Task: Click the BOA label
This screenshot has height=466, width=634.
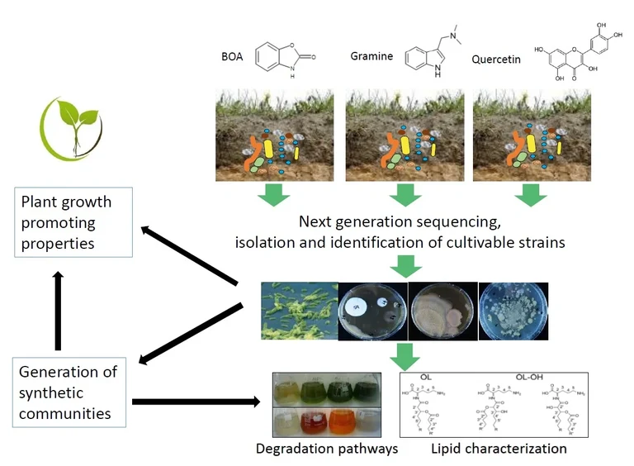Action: coord(232,58)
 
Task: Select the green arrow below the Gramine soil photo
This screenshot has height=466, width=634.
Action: coord(404,196)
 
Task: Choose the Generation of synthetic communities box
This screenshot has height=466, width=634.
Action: coord(70,392)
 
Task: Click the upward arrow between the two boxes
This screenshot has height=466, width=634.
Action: coord(58,312)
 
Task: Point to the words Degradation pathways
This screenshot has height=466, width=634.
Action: coord(327,449)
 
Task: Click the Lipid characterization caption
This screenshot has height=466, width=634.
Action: coord(499,449)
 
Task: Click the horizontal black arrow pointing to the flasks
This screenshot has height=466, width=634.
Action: coord(198,402)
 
